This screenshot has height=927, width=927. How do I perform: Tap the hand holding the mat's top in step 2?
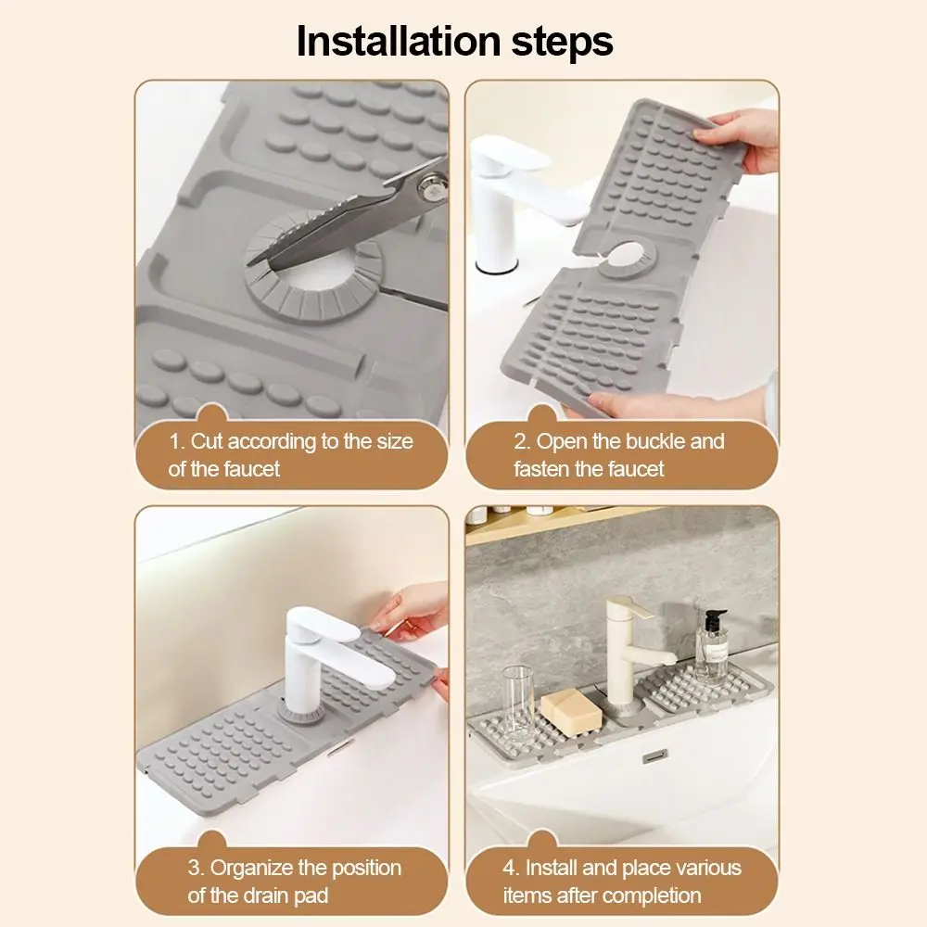pyautogui.click(x=746, y=139)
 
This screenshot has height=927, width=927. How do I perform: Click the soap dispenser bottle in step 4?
pyautogui.click(x=712, y=649)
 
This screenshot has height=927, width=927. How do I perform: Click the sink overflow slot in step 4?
pyautogui.click(x=657, y=756)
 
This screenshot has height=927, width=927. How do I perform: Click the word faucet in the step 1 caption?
pyautogui.click(x=249, y=469)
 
